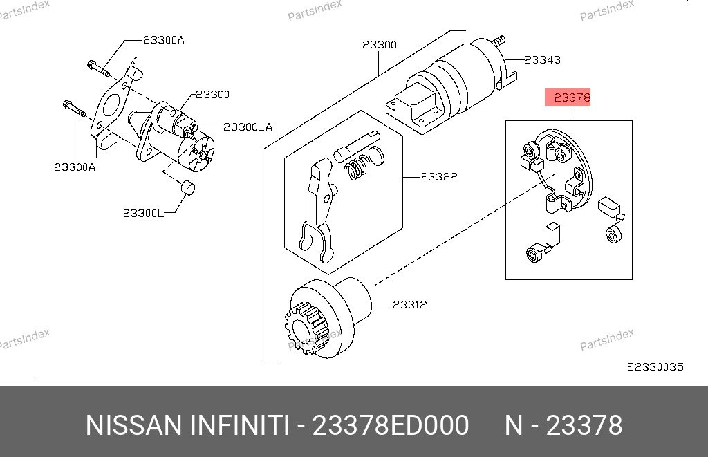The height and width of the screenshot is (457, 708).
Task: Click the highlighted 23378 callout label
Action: [572, 97]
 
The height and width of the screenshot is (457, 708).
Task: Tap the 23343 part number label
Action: [542, 60]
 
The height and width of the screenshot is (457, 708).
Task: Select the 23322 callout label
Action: [439, 176]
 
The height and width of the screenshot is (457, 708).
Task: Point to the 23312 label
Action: [409, 305]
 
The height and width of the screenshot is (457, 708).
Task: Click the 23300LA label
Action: [248, 127]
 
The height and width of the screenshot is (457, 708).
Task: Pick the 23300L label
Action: [144, 213]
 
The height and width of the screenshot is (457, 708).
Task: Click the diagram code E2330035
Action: [655, 366]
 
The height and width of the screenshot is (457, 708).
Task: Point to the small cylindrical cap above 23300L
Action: [188, 187]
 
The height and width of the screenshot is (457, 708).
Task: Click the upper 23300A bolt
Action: [98, 68]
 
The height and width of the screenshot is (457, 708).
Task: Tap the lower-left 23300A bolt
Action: [74, 109]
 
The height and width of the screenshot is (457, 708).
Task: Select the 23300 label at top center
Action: [380, 45]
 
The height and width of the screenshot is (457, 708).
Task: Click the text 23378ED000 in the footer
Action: [391, 425]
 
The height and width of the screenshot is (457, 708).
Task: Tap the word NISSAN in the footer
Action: [133, 425]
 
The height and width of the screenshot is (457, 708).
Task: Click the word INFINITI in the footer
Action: [239, 425]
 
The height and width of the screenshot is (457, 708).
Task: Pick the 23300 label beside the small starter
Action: [212, 95]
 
